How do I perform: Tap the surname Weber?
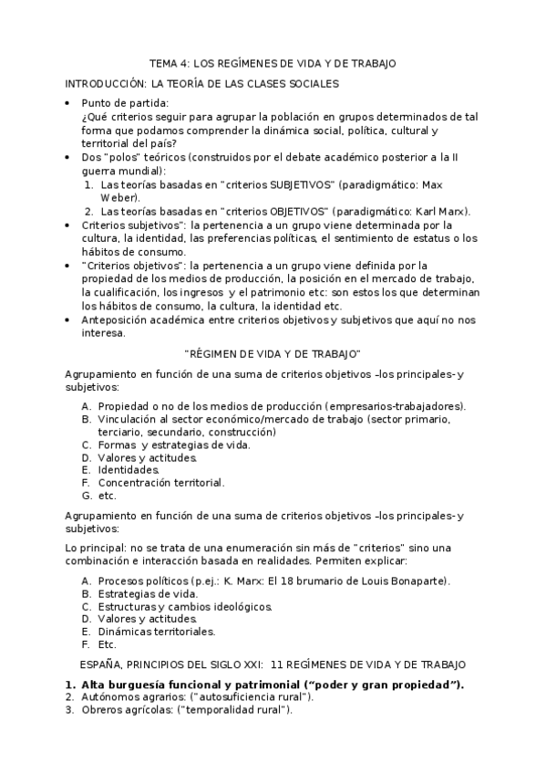(x=118, y=196)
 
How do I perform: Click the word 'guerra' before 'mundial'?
(x=98, y=171)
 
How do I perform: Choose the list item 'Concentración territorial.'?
(x=160, y=483)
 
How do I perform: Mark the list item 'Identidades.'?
(x=129, y=470)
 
